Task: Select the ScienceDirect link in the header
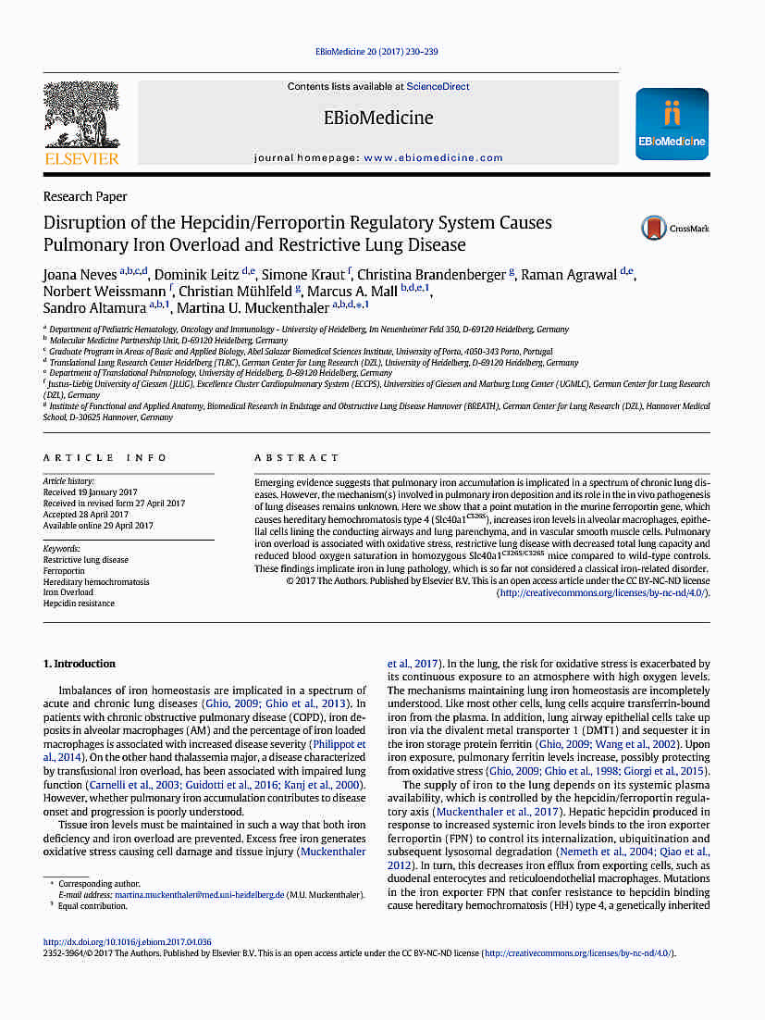tap(438, 87)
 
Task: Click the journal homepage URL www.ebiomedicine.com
tap(433, 158)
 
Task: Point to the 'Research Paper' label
tap(85, 197)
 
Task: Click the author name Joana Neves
tap(80, 275)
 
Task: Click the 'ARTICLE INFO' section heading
tap(105, 458)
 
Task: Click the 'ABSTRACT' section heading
tap(297, 458)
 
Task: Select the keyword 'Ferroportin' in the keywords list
tap(64, 571)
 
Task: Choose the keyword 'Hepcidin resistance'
tap(79, 603)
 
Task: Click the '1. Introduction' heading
tap(80, 664)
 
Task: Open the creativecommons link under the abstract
tap(602, 591)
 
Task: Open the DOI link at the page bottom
tap(128, 942)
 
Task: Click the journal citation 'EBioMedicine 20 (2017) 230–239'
tap(376, 53)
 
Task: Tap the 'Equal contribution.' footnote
tap(93, 905)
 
